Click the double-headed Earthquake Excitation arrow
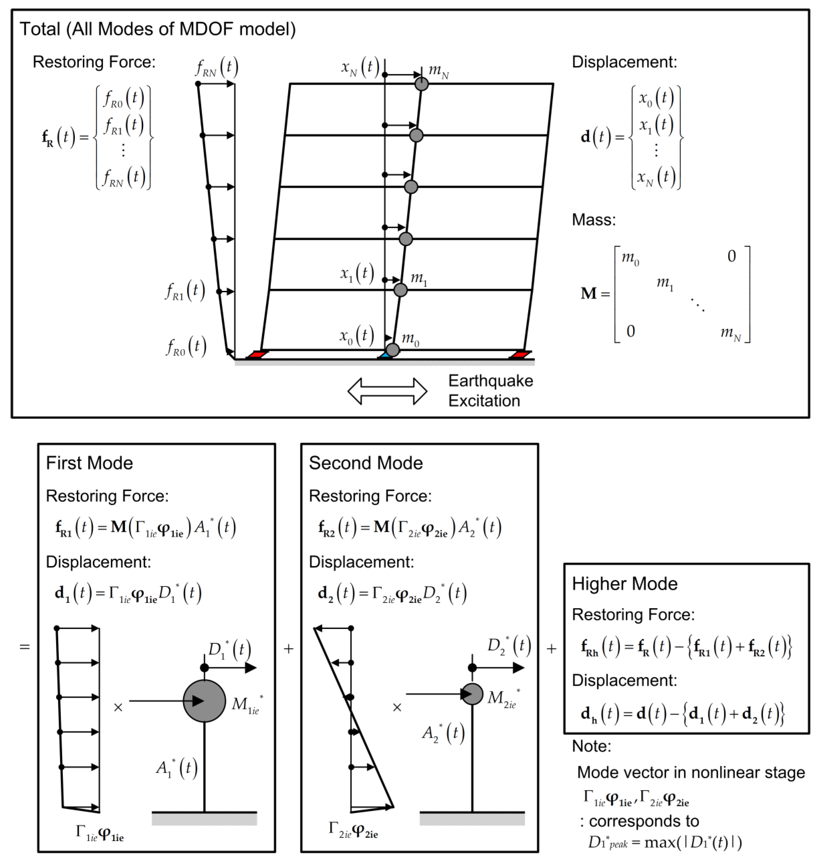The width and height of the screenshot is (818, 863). click(x=387, y=391)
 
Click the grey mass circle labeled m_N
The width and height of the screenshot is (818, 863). click(x=421, y=84)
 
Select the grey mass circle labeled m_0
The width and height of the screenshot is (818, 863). click(x=392, y=350)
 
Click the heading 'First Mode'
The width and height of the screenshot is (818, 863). click(x=89, y=463)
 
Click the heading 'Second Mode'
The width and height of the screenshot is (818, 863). click(x=366, y=463)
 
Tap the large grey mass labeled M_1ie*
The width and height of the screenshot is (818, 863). click(x=204, y=701)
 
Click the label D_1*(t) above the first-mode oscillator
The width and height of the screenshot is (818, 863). click(x=229, y=650)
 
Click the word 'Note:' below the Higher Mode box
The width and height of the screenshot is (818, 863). click(x=591, y=746)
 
